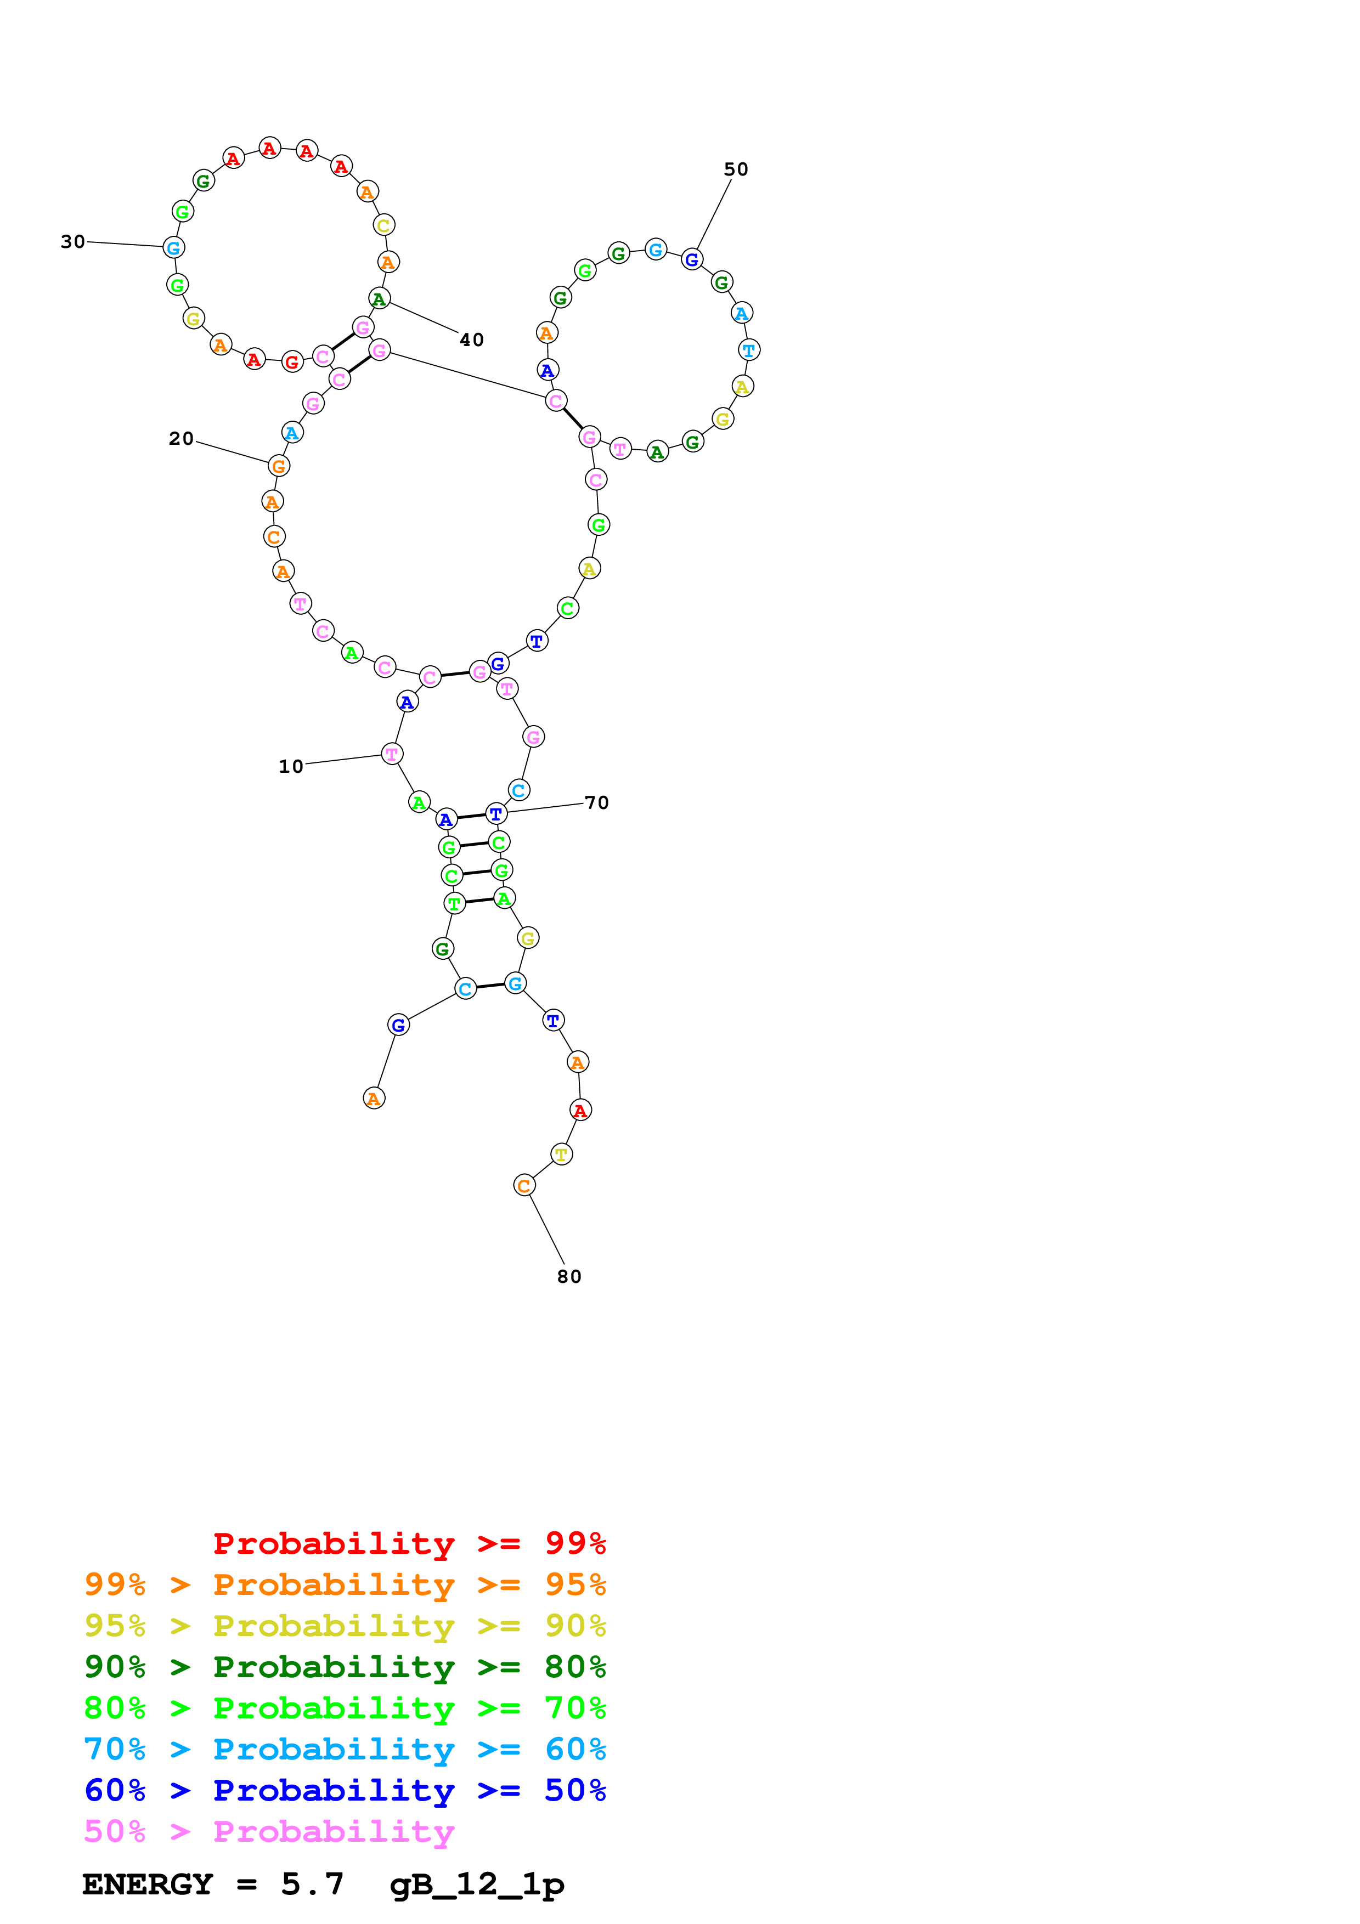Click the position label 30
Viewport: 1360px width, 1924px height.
73,242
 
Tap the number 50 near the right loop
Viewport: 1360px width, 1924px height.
736,169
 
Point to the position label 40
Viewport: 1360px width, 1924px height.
472,339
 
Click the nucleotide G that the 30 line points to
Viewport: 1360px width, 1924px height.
173,247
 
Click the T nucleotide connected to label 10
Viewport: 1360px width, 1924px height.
391,754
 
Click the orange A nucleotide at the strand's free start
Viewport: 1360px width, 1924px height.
374,1098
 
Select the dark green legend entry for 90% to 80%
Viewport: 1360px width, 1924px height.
345,1667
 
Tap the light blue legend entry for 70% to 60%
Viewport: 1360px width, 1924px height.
345,1750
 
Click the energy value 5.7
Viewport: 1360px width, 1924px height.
313,1884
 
